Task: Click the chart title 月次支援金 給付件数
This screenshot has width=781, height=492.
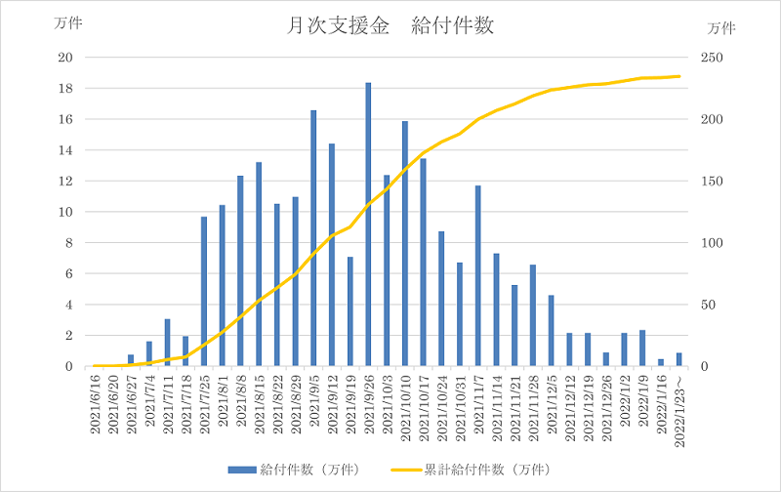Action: pos(390,26)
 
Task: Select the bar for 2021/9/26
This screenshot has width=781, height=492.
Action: pos(368,225)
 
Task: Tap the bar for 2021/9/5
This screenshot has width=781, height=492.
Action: pos(313,238)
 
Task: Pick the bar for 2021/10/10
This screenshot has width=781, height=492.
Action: pos(405,244)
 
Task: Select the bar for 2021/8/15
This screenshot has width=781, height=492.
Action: pos(259,264)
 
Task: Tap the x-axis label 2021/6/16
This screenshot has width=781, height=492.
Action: pos(95,408)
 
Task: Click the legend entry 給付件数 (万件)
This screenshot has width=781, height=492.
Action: pos(294,470)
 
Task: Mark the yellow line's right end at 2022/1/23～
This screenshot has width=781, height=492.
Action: pos(679,76)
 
